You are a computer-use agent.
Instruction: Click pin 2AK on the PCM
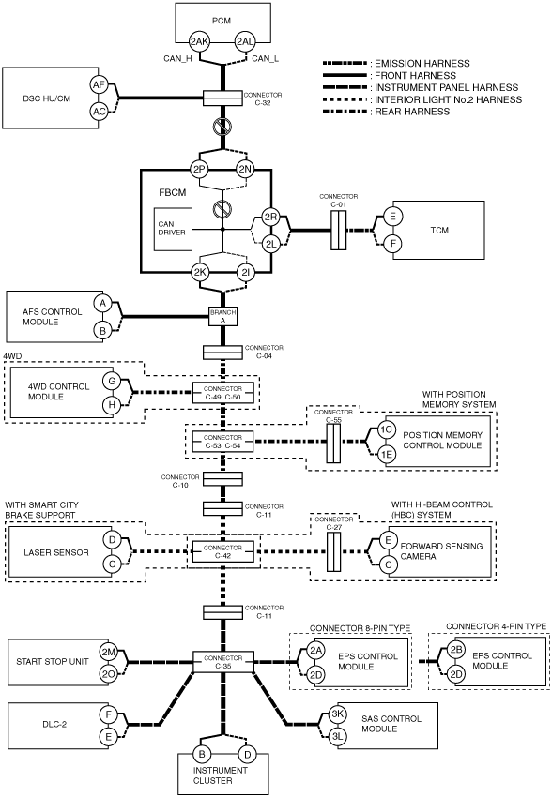pos(199,42)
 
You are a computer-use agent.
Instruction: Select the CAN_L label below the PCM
pos(265,58)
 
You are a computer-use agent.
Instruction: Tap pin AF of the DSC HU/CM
pos(100,85)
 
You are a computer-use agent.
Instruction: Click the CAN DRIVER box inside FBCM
pos(173,229)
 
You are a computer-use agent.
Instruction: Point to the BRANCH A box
pos(222,317)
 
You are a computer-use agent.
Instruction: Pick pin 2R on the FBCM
pos(270,217)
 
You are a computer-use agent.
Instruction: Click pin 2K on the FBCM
pos(199,273)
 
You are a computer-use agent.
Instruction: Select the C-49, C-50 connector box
pos(222,393)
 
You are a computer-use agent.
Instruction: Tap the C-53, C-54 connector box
pos(222,442)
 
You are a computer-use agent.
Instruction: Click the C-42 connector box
pos(222,551)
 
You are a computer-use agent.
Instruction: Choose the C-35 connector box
pos(222,661)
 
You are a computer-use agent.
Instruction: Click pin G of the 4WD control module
pos(112,381)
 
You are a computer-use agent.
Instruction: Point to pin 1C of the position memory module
pos(386,429)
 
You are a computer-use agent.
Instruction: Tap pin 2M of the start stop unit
pos(108,653)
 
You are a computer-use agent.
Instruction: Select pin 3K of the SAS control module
pos(337,714)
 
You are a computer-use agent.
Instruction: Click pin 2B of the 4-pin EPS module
pos(456,650)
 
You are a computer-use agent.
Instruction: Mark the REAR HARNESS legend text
pos(413,112)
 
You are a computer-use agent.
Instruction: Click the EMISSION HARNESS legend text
pos(422,64)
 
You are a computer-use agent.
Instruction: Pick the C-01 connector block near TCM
pos(338,231)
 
